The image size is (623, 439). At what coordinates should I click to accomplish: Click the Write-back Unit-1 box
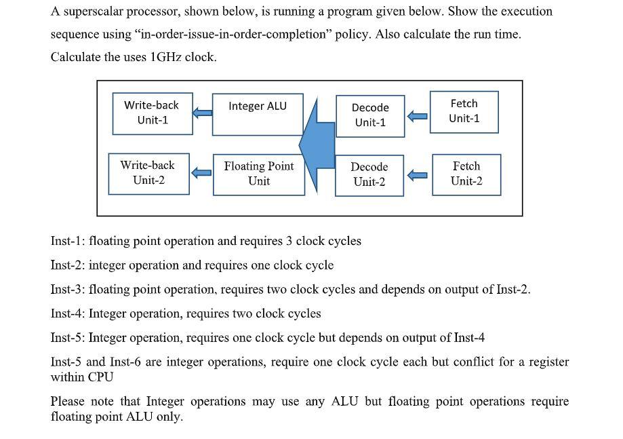pyautogui.click(x=153, y=113)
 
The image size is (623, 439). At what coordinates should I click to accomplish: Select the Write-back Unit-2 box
pyautogui.click(x=148, y=174)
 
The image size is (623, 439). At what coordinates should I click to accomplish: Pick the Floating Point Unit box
pyautogui.click(x=259, y=174)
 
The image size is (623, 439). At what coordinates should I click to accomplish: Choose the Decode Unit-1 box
pyautogui.click(x=370, y=115)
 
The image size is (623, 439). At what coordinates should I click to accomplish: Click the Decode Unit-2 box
pyautogui.click(x=369, y=175)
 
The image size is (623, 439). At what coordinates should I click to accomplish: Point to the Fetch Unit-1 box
pyautogui.click(x=464, y=111)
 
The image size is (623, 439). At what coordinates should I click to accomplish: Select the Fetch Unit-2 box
pyautogui.click(x=466, y=174)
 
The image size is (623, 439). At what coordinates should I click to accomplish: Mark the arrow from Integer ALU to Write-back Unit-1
pyautogui.click(x=202, y=113)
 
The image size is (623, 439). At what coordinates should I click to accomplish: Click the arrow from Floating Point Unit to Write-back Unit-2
pyautogui.click(x=201, y=173)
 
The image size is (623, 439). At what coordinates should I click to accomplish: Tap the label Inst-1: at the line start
pyautogui.click(x=68, y=241)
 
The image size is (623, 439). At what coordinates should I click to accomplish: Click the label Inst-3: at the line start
pyautogui.click(x=68, y=290)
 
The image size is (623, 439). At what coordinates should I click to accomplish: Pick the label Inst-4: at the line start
pyautogui.click(x=68, y=313)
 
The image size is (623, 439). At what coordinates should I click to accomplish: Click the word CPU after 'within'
pyautogui.click(x=100, y=377)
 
